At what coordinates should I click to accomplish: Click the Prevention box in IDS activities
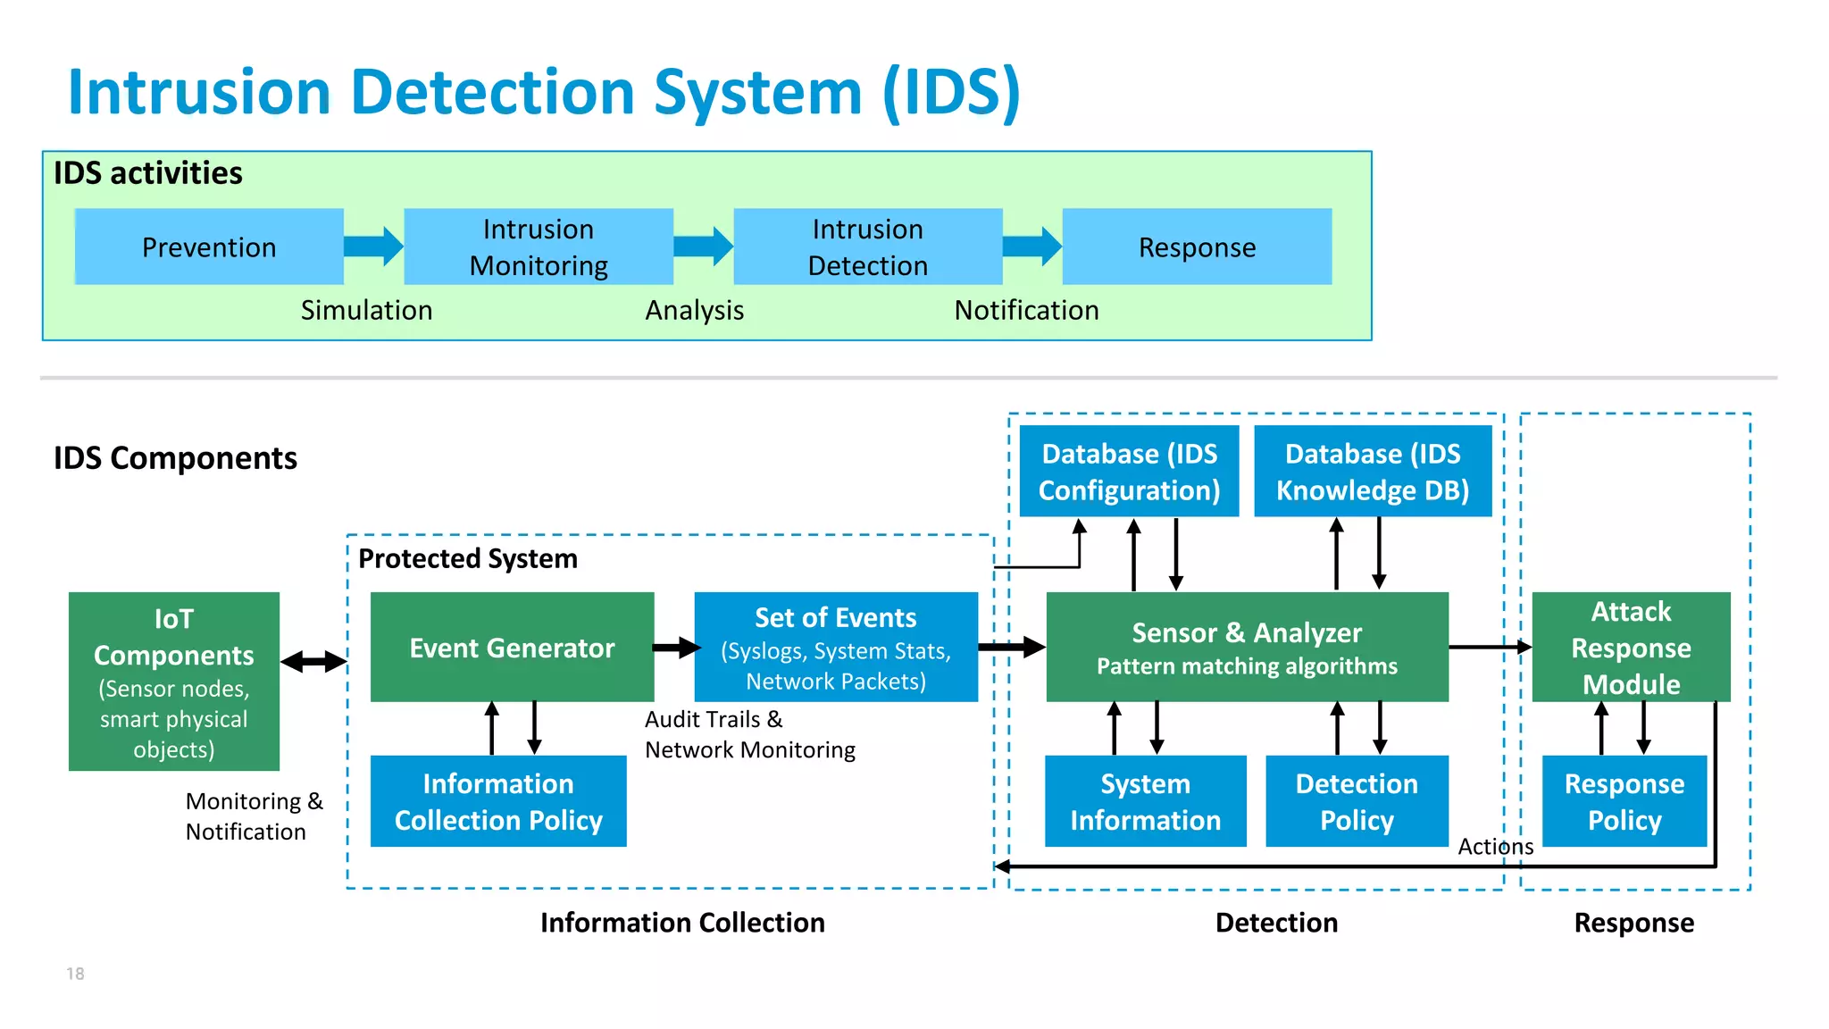click(x=209, y=247)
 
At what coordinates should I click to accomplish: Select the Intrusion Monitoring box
click(x=539, y=247)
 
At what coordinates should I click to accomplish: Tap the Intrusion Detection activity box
click(x=867, y=247)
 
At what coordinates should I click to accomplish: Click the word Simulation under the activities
click(x=366, y=310)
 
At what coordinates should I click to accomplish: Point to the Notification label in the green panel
click(x=1026, y=310)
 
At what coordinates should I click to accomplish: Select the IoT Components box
click(x=174, y=682)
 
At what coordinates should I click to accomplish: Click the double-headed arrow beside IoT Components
click(x=313, y=662)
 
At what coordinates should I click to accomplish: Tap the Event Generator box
click(x=512, y=648)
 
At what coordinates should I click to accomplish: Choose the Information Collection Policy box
click(x=498, y=801)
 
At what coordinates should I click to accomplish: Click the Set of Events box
click(x=836, y=648)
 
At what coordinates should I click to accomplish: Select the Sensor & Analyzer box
click(x=1247, y=648)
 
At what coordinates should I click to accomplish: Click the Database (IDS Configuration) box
click(x=1129, y=472)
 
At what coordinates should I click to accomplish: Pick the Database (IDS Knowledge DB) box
click(x=1373, y=472)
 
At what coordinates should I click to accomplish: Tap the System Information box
click(x=1145, y=801)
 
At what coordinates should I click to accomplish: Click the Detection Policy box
click(x=1357, y=801)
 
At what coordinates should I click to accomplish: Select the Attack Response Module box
click(x=1631, y=648)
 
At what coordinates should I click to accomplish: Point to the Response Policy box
click(x=1624, y=801)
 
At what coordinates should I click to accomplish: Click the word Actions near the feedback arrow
click(x=1495, y=846)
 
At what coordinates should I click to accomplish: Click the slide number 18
click(x=75, y=974)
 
